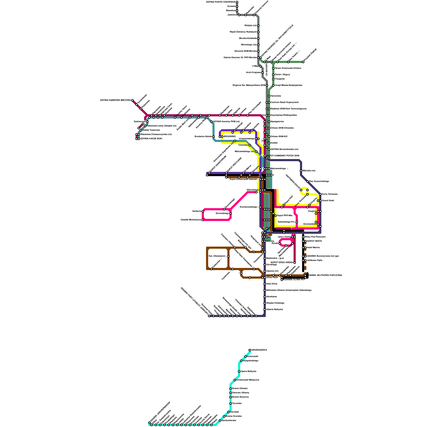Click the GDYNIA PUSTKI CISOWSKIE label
tap(220, 2)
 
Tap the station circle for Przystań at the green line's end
tap(303, 62)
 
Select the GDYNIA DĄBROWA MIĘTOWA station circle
tap(132, 100)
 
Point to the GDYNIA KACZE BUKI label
tap(151, 139)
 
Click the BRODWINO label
tap(230, 137)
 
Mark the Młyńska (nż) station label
tap(309, 171)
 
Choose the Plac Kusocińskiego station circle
tap(307, 181)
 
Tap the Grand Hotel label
tap(328, 201)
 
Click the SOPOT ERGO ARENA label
tap(282, 263)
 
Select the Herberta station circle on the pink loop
tap(203, 211)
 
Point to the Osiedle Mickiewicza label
tap(191, 220)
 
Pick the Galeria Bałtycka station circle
tap(265, 310)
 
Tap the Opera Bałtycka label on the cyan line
tap(248, 371)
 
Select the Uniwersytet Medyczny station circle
tap(235, 380)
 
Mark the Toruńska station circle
tap(231, 404)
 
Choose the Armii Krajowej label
tap(253, 73)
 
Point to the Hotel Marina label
tap(313, 248)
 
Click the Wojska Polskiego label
tap(275, 303)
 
